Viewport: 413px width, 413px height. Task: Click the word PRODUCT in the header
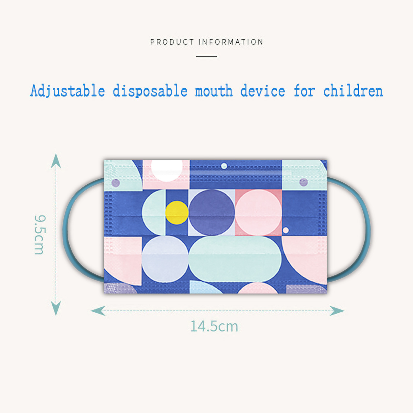tap(172, 42)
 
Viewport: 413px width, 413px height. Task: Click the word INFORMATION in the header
tap(231, 42)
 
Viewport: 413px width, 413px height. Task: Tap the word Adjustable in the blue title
tap(68, 91)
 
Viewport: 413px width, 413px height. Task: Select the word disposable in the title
tap(150, 91)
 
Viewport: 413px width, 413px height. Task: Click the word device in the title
tap(263, 91)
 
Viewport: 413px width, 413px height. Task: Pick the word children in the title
tap(353, 91)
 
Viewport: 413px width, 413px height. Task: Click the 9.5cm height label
tap(40, 235)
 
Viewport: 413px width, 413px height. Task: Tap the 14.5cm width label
tap(214, 326)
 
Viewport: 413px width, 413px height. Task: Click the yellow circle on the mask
tap(177, 212)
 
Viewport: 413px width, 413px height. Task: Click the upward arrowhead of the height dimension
tap(56, 161)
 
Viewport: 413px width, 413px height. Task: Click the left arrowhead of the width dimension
tap(98, 311)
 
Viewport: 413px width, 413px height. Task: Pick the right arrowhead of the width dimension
tap(337, 311)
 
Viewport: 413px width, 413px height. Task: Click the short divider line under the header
tap(206, 56)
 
